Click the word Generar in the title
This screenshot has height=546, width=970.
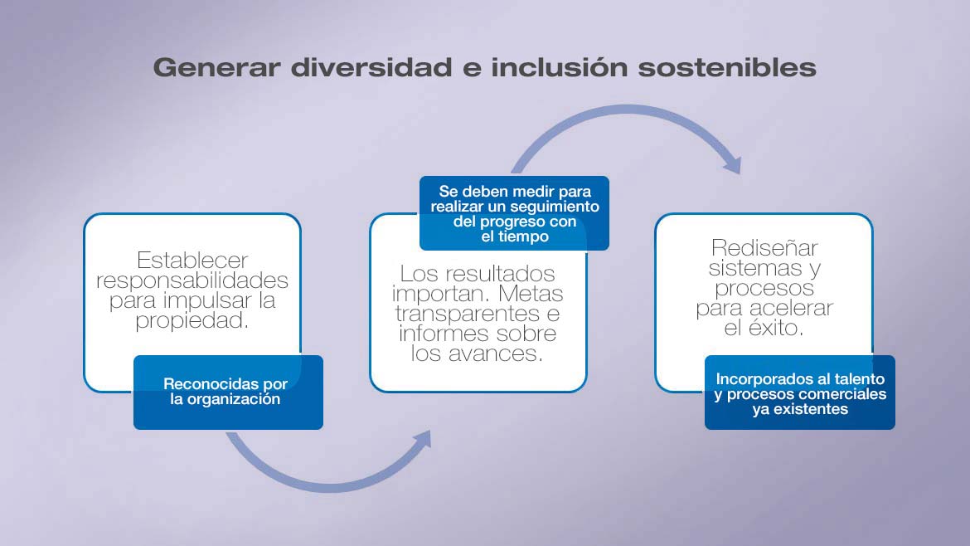click(216, 67)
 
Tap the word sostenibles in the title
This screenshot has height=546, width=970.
click(727, 67)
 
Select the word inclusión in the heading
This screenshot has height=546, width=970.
click(560, 67)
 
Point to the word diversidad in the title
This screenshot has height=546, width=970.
click(371, 67)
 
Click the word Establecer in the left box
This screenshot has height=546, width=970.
click(192, 260)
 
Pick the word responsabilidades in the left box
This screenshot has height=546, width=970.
click(192, 280)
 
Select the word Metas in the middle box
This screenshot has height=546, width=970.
click(530, 294)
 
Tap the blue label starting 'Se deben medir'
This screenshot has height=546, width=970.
click(514, 213)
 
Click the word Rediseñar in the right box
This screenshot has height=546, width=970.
click(764, 247)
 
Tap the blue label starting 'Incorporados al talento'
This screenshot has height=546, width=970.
click(800, 392)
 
